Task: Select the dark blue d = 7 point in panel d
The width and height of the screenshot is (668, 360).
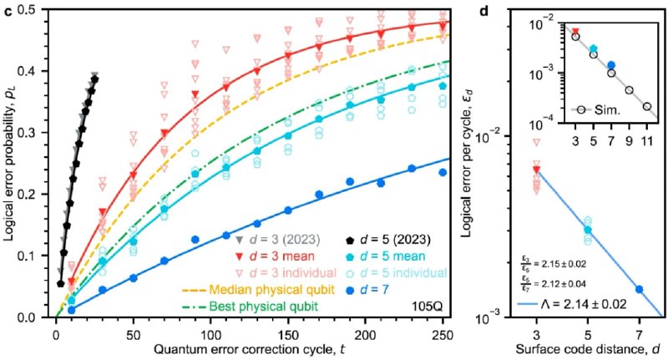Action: coord(639,289)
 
